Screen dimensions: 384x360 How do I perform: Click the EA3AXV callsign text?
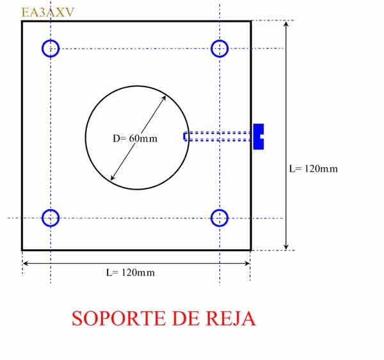[47, 12]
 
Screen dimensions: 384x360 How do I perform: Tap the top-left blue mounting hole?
[42, 49]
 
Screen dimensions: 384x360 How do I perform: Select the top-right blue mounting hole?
[211, 49]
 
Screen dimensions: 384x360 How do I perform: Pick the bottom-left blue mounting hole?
[42, 218]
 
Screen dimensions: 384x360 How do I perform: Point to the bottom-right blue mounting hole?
[211, 218]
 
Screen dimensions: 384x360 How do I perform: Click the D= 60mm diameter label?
[135, 138]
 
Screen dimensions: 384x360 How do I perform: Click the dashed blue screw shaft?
[218, 136]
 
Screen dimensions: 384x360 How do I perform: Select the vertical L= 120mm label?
[313, 168]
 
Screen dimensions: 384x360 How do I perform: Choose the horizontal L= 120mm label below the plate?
[131, 272]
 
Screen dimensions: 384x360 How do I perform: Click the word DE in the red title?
[186, 318]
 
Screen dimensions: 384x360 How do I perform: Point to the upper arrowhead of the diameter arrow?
[166, 96]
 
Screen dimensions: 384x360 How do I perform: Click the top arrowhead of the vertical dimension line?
[286, 22]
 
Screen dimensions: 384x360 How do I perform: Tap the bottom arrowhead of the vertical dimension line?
[286, 250]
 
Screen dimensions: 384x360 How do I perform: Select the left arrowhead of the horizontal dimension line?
[23, 263]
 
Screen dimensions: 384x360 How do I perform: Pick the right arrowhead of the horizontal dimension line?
[250, 263]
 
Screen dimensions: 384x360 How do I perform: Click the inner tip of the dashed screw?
[184, 136]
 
